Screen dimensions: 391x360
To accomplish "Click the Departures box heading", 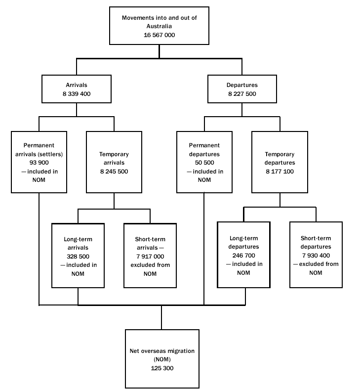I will pos(241,85).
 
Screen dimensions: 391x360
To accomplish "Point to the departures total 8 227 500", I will pos(241,93).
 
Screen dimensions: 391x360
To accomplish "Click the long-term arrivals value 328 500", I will pos(78,257).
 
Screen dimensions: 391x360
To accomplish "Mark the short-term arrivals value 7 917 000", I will pos(150,257).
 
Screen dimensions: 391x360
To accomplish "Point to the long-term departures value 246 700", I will pos(243,256).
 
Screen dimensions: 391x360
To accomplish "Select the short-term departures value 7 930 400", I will pos(316,256).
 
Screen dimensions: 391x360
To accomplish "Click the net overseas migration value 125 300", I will pos(161,368).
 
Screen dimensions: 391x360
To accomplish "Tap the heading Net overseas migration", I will pos(161,351).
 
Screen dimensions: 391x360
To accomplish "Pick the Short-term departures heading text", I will pos(316,242).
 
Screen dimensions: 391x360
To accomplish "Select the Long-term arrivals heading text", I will pos(78,243).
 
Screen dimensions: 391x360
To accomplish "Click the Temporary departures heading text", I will pos(280,158).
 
